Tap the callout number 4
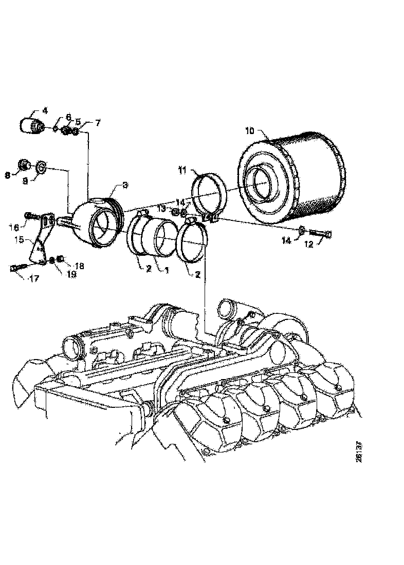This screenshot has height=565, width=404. point(45,110)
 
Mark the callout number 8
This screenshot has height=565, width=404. point(8,175)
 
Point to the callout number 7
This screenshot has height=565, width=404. point(98,123)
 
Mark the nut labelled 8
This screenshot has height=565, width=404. point(23,164)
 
